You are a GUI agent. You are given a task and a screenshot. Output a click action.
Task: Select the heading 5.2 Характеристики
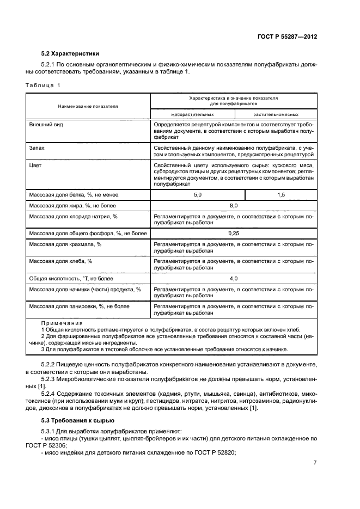point(70,54)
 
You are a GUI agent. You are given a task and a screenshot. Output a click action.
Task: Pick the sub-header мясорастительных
point(192,115)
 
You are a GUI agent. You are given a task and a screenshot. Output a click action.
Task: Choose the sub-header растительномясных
point(276,115)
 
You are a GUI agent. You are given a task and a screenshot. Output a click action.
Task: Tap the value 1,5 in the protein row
point(281,194)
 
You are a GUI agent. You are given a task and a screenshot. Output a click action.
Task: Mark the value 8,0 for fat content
point(234,206)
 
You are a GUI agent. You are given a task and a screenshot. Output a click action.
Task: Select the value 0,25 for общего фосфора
point(234,233)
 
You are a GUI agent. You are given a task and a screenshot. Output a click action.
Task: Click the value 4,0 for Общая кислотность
point(234,278)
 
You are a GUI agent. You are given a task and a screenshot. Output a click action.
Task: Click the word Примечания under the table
point(59,323)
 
